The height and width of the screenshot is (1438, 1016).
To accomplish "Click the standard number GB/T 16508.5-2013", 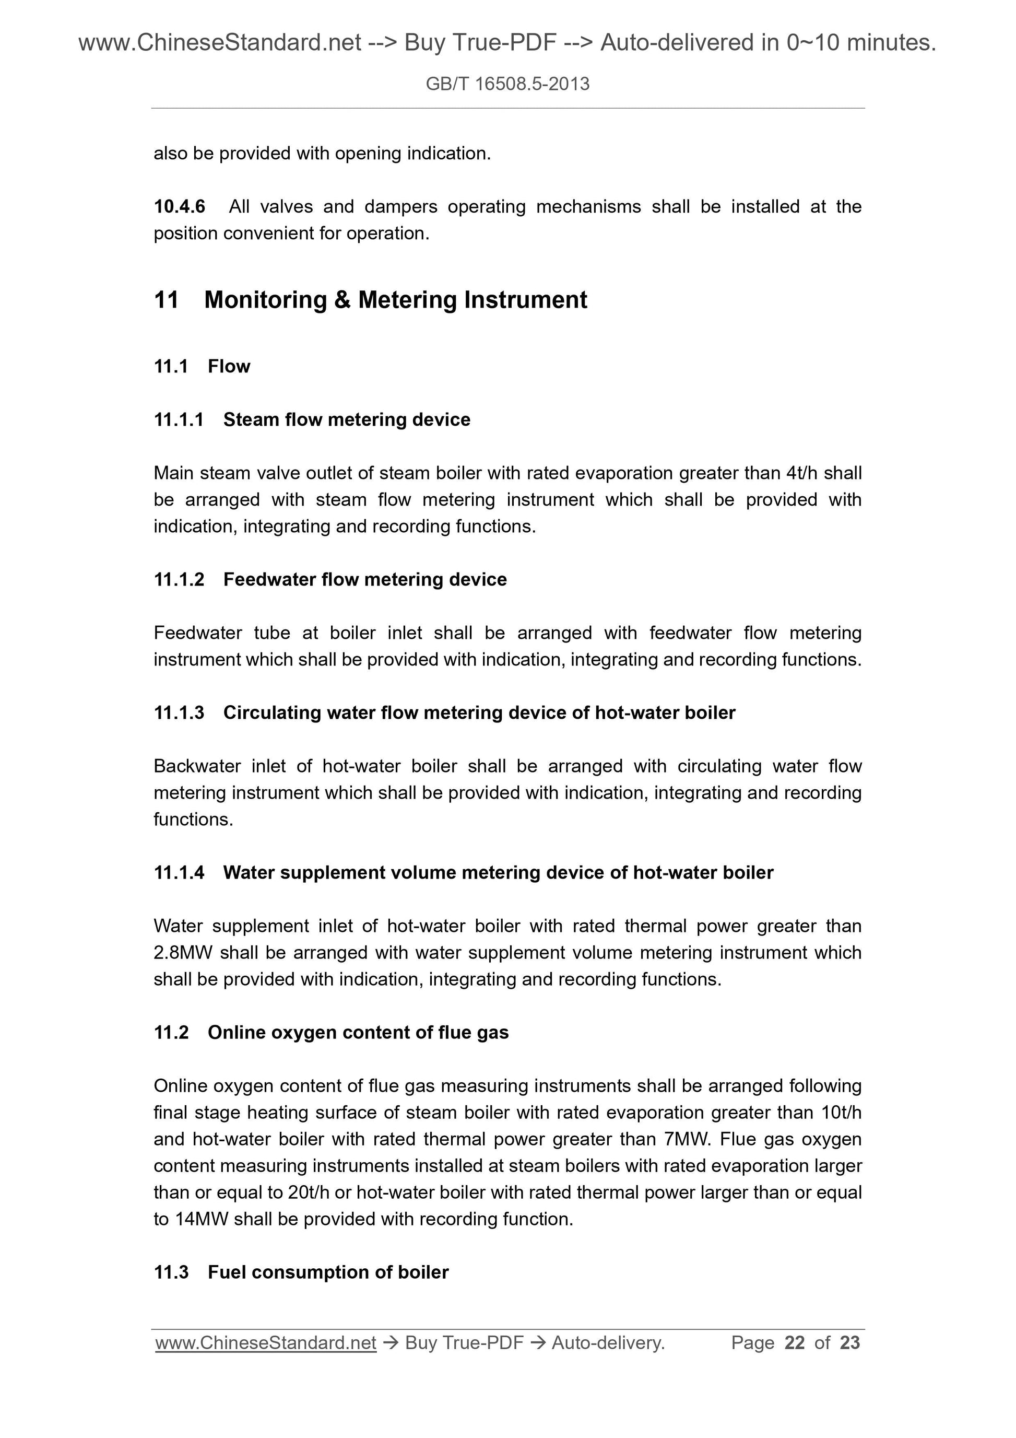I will pos(507,84).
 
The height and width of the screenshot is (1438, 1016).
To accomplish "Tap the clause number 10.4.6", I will pos(179,207).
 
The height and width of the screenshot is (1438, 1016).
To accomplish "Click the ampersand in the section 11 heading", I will pos(342,300).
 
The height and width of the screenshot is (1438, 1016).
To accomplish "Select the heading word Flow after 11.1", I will pos(229,366).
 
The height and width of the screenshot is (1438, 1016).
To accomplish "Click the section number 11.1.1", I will pos(179,419).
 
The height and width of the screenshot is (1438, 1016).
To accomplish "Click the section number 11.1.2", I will pos(179,579).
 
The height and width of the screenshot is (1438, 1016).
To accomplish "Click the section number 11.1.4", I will pos(179,872).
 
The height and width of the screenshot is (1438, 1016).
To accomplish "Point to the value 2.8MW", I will pos(183,953).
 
